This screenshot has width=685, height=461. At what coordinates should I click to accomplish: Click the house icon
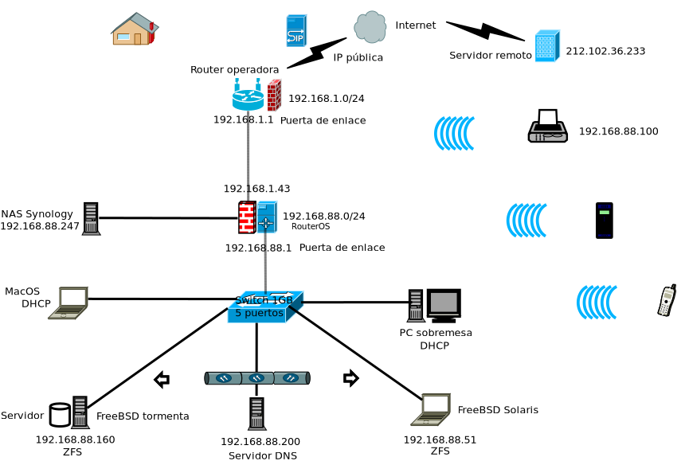[x=135, y=29]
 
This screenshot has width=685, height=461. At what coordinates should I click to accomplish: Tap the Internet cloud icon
[x=370, y=26]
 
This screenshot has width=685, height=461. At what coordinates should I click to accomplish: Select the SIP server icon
[x=296, y=30]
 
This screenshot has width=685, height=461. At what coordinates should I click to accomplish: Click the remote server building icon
[x=546, y=46]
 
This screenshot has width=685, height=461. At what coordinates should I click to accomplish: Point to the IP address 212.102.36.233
[x=605, y=51]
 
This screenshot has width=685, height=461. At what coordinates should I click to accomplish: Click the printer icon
[x=547, y=127]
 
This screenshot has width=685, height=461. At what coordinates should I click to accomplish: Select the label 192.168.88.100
[x=618, y=131]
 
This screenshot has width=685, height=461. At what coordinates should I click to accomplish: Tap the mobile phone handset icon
[x=667, y=300]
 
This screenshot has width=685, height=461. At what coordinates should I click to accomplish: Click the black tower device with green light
[x=605, y=221]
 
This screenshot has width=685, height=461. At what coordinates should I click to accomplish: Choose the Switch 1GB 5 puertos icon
[x=264, y=307]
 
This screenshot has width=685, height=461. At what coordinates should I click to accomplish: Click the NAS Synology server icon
[x=91, y=219]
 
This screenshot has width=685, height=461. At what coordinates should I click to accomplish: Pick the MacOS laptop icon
[x=68, y=303]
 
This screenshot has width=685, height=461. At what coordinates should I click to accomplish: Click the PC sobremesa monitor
[x=444, y=304]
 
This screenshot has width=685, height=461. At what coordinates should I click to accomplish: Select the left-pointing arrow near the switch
[x=162, y=379]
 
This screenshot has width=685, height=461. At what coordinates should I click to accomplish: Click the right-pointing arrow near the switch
[x=350, y=378]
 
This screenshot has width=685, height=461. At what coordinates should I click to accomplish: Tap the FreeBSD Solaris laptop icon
[x=431, y=409]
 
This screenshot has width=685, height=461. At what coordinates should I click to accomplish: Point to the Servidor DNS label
[x=262, y=455]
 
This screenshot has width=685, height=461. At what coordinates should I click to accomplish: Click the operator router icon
[x=248, y=96]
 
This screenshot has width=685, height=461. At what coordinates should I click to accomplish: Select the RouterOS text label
[x=311, y=227]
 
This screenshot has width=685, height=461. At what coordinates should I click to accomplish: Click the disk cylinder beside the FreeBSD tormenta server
[x=60, y=415]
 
